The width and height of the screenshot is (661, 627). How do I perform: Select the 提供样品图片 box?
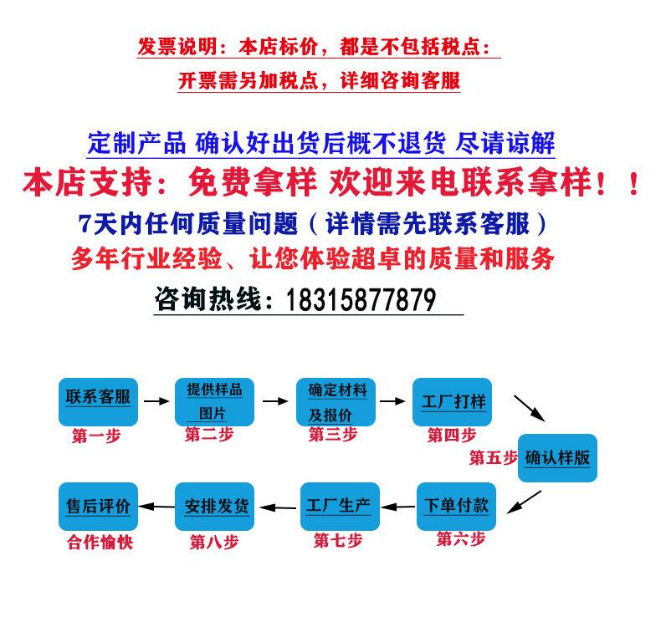(x=213, y=401)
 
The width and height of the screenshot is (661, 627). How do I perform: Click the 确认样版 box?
(x=557, y=457)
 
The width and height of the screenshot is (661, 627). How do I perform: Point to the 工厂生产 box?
(x=340, y=506)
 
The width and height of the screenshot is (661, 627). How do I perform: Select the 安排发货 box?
(x=214, y=506)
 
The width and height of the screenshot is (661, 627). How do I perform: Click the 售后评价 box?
(x=98, y=506)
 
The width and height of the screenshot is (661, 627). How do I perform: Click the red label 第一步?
(x=96, y=436)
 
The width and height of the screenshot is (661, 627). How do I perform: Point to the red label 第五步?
(x=493, y=457)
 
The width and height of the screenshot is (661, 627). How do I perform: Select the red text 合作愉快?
(x=100, y=543)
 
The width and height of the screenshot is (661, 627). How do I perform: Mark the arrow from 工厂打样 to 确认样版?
(x=528, y=408)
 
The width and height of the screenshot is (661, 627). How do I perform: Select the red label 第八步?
(x=214, y=543)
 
